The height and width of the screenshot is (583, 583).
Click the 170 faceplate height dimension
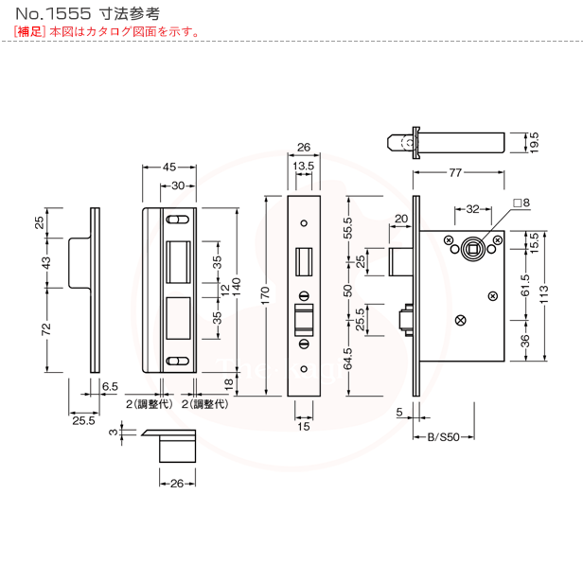(x=265, y=296)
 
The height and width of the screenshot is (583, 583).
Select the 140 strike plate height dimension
(x=237, y=287)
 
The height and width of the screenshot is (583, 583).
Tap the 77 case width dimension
(x=455, y=172)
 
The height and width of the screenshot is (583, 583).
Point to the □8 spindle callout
(x=521, y=203)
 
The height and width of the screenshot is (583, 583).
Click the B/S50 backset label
(x=444, y=437)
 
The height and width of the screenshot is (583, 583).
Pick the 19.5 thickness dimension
(x=534, y=142)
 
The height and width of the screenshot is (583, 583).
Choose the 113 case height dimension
(x=543, y=294)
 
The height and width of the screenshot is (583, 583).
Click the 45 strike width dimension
(x=169, y=167)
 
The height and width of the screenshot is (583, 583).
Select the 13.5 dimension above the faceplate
(x=304, y=166)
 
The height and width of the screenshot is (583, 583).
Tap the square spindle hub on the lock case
(x=472, y=249)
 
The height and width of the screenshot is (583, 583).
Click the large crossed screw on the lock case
(x=461, y=320)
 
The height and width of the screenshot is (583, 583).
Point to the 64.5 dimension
(x=347, y=359)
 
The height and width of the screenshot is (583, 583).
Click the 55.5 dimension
(x=347, y=228)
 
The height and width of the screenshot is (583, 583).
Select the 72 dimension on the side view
(x=45, y=329)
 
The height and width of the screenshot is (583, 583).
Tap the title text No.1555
(x=53, y=14)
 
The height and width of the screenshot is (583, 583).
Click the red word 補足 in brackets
(x=29, y=31)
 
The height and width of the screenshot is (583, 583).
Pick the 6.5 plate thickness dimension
(x=110, y=386)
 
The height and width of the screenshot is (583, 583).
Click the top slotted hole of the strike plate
(x=177, y=220)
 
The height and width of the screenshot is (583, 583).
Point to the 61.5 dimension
(x=524, y=285)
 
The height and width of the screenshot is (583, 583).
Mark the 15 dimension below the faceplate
(x=304, y=426)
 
